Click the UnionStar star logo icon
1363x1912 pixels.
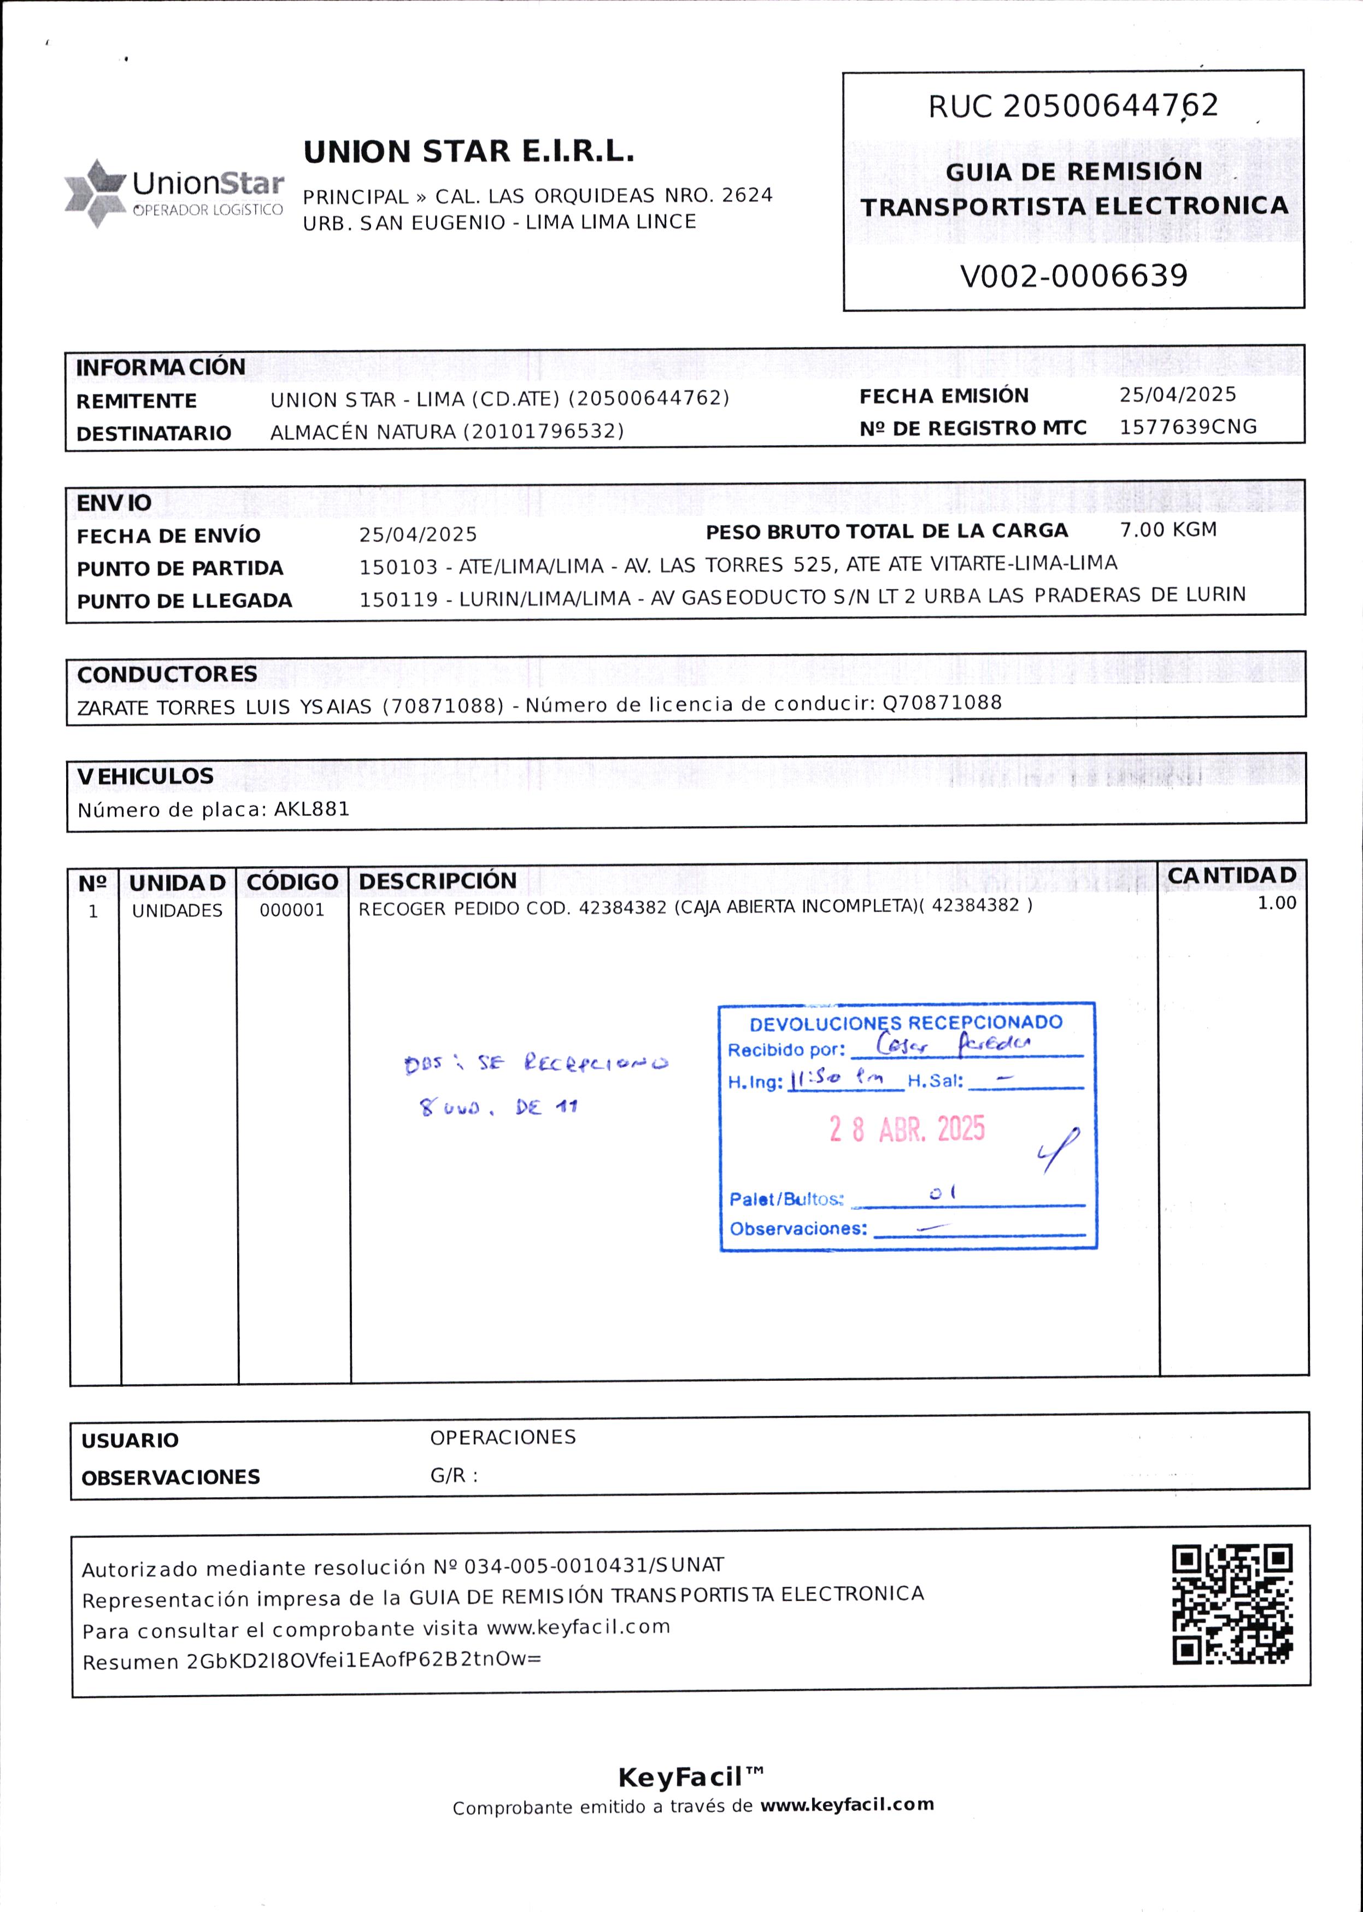(x=95, y=193)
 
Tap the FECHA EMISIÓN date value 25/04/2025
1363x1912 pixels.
(x=1178, y=395)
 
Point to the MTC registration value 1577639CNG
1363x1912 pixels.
(x=1188, y=427)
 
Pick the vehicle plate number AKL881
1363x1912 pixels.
(x=312, y=810)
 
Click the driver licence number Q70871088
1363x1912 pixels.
(x=942, y=703)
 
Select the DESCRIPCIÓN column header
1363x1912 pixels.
(x=437, y=881)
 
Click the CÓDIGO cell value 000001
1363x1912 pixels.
(x=291, y=910)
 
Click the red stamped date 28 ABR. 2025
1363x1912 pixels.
(x=907, y=1129)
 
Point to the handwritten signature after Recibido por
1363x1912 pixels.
(x=952, y=1044)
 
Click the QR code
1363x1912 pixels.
(x=1232, y=1604)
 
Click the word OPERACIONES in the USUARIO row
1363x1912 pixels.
(x=503, y=1437)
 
